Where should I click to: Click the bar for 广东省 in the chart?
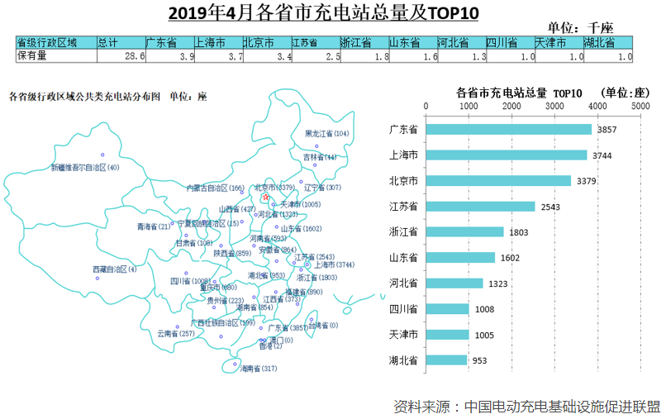tap(508, 130)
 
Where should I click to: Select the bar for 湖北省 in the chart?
tap(446, 359)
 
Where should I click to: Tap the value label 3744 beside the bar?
tap(601, 155)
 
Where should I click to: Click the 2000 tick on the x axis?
tap(511, 107)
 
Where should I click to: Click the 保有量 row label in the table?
tap(32, 56)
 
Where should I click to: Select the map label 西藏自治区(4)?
tap(115, 269)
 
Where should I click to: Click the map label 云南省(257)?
tap(175, 333)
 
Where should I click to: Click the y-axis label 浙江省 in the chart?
tap(403, 232)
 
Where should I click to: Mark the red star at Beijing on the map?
tap(264, 198)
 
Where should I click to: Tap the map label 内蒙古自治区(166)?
tap(215, 188)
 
